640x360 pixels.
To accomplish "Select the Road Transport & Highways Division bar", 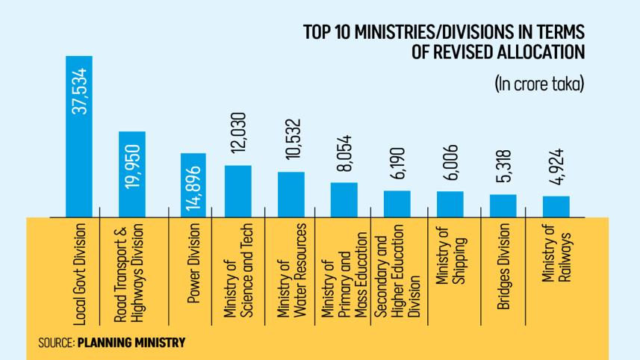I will pyautogui.click(x=132, y=174).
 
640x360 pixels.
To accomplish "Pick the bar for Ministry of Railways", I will pyautogui.click(x=556, y=207).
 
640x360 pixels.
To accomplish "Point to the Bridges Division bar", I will pyautogui.click(x=503, y=206).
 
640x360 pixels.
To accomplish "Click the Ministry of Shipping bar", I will pyautogui.click(x=450, y=204).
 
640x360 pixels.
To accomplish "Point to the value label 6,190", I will pyautogui.click(x=397, y=167).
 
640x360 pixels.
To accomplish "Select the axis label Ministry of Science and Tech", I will pyautogui.click(x=239, y=268).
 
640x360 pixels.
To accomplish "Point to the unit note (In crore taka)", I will pyautogui.click(x=538, y=84).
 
